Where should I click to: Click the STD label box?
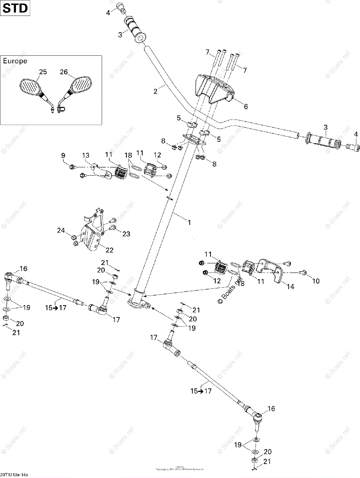pos(16,8)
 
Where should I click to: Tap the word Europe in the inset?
pos(15,61)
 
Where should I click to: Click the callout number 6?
pos(246,106)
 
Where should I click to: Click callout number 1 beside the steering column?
pos(189,223)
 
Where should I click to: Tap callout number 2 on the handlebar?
pos(155,91)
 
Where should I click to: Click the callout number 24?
pos(61,230)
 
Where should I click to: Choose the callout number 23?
pos(126,234)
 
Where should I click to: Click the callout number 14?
pos(290,286)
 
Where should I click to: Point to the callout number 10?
pos(316,281)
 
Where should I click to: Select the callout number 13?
pos(86,155)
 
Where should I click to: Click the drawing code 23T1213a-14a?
pos(17,475)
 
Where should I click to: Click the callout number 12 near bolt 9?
pos(158,155)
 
